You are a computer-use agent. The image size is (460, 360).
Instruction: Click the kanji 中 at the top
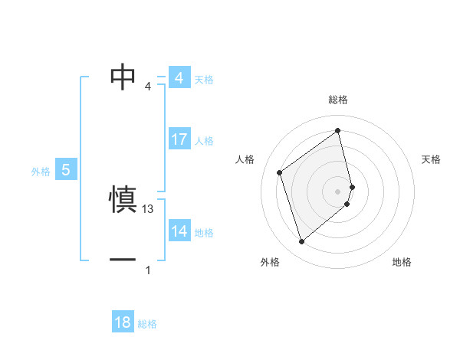point(123,77)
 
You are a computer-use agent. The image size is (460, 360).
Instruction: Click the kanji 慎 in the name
point(123,200)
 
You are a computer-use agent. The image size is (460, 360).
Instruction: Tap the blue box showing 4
point(179,78)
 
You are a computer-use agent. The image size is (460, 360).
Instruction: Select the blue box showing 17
point(179,139)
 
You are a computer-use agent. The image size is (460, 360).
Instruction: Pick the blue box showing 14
point(179,231)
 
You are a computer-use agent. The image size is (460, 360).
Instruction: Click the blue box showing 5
point(65,170)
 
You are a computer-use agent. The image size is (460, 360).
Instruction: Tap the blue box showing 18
point(123,322)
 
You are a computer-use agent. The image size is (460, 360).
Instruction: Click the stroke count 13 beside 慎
point(149,208)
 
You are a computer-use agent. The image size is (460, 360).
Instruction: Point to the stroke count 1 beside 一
point(148,270)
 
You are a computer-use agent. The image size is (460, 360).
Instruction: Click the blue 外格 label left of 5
point(41,172)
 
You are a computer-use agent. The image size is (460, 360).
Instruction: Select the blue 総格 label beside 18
point(147,324)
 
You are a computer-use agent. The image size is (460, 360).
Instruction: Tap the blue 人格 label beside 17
point(204,141)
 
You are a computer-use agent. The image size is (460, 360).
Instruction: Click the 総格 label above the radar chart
point(338,100)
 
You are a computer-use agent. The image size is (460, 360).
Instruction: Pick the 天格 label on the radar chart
point(432,159)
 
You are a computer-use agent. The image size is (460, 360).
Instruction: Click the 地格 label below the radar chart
point(402,262)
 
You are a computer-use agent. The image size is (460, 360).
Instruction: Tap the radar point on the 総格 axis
point(338,131)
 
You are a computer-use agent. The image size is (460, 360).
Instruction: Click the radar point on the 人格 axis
point(280,172)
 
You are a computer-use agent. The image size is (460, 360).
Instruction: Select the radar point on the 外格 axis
point(301,242)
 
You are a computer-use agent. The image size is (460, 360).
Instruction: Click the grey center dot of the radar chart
point(338,191)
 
